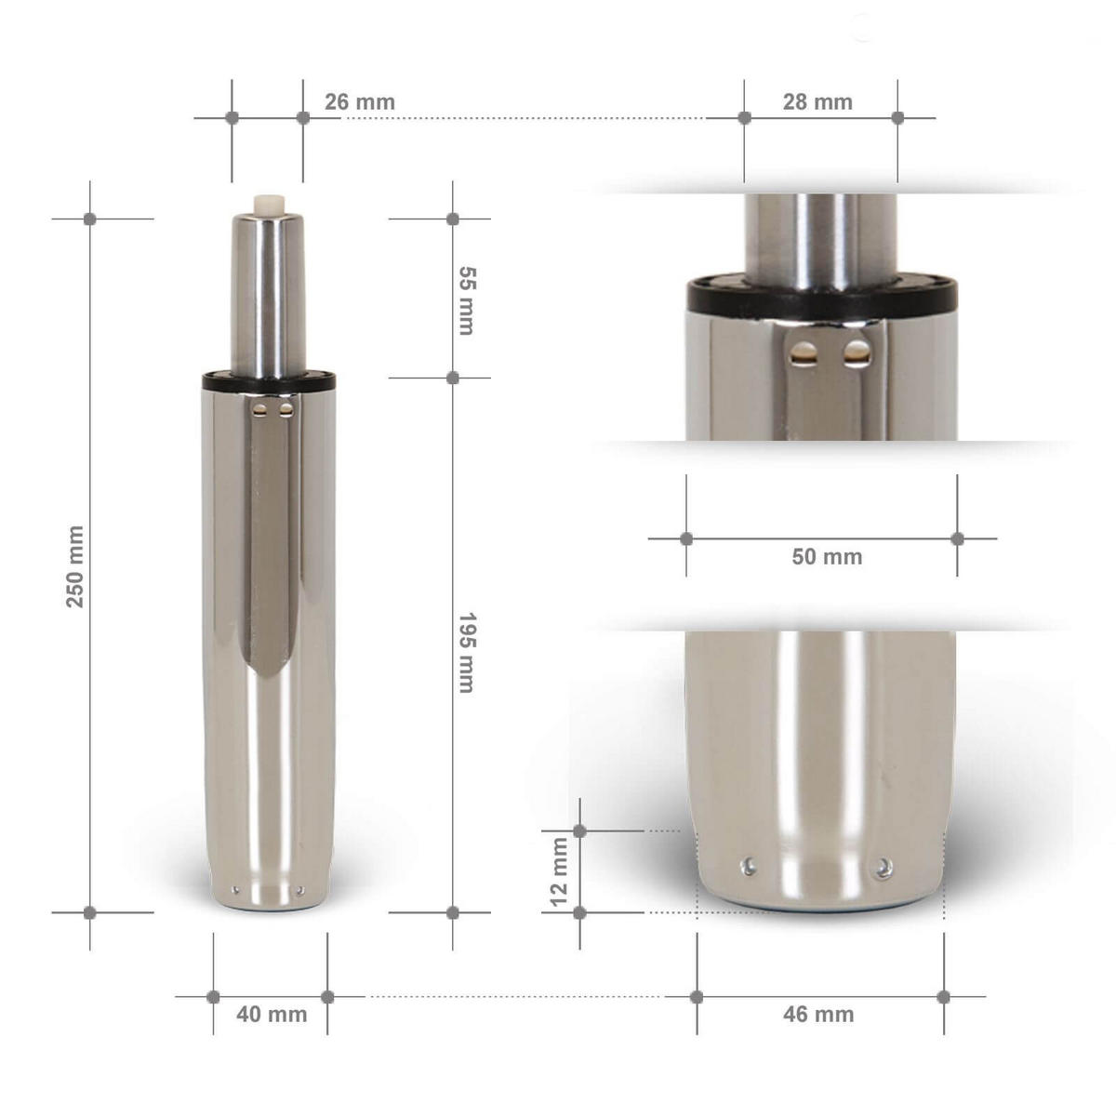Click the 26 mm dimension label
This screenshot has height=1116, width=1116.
[359, 101]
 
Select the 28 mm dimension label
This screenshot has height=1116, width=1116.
[817, 101]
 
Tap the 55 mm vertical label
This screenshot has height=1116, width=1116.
[467, 299]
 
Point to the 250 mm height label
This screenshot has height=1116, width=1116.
[75, 565]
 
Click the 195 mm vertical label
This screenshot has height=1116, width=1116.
[467, 652]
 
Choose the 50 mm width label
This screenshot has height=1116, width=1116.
[826, 557]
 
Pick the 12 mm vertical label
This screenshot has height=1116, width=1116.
[558, 871]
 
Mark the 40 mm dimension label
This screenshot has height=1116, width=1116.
[271, 1014]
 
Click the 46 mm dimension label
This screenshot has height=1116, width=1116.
[818, 1014]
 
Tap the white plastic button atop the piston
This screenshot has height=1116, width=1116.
[268, 203]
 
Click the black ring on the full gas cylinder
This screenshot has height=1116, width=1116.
[268, 379]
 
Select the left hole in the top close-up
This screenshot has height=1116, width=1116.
[800, 352]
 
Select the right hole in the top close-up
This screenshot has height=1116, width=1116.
[857, 352]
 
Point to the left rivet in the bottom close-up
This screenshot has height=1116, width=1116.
[748, 868]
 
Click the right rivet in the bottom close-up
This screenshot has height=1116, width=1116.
[881, 869]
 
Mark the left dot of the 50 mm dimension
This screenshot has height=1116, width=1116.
[686, 538]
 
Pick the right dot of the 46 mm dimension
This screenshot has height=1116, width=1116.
[944, 997]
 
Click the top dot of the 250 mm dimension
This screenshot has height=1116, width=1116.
[90, 219]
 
